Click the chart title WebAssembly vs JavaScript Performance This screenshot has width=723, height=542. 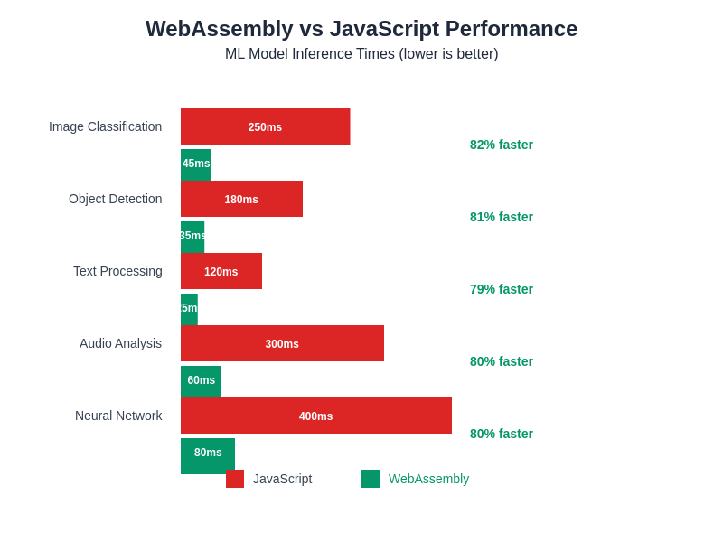[x=361, y=29]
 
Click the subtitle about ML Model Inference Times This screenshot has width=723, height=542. [x=361, y=54]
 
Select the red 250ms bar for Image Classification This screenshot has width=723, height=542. [x=265, y=126]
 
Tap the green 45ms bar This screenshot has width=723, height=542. [x=196, y=164]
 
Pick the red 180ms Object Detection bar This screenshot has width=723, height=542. [x=241, y=199]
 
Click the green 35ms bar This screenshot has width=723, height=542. [x=192, y=237]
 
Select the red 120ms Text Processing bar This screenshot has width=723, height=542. [x=221, y=271]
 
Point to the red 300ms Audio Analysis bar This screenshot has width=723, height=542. [x=282, y=343]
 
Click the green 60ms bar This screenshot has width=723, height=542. [x=201, y=381]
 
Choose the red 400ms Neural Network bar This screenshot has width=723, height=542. [x=316, y=416]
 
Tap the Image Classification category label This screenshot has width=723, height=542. [x=105, y=126]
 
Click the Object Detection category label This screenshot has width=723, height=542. [x=115, y=199]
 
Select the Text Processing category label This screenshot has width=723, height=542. [x=117, y=271]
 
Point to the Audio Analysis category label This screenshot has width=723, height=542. [x=120, y=343]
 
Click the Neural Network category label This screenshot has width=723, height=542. [x=118, y=416]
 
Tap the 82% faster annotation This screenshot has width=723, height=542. [x=502, y=145]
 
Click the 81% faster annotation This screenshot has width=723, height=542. [x=502, y=217]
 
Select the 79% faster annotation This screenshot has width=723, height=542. [x=502, y=289]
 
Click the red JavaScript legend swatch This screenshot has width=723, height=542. [x=235, y=479]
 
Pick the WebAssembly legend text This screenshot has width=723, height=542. [x=428, y=479]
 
